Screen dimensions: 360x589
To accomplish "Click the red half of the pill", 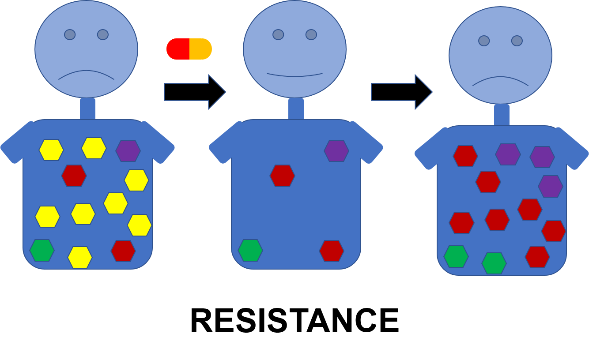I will pyautogui.click(x=178, y=49).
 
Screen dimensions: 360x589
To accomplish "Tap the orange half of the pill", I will pyautogui.click(x=201, y=49).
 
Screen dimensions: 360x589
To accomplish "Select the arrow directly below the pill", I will pyautogui.click(x=194, y=92).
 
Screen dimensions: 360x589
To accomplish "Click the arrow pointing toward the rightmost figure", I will pyautogui.click(x=401, y=92).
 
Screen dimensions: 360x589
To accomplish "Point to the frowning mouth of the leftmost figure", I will pyautogui.click(x=86, y=74).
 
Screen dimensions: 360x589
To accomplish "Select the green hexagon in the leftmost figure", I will pyautogui.click(x=42, y=250).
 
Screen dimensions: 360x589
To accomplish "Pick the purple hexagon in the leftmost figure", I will pyautogui.click(x=128, y=151).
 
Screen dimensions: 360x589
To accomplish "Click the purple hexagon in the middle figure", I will pyautogui.click(x=336, y=151).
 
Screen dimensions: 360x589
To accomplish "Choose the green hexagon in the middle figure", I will pyautogui.click(x=250, y=250).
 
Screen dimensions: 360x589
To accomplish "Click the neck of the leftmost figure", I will pyautogui.click(x=87, y=109).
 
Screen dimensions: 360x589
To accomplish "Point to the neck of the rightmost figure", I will pyautogui.click(x=502, y=115).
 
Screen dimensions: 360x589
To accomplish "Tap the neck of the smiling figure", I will pyautogui.click(x=296, y=109).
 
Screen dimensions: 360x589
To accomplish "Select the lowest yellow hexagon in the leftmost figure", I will pyautogui.click(x=80, y=257).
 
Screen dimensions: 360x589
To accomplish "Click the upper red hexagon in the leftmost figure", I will pyautogui.click(x=74, y=176).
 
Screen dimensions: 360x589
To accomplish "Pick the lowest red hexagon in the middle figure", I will pyautogui.click(x=332, y=251).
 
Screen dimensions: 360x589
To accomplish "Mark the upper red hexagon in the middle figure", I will pyautogui.click(x=282, y=176).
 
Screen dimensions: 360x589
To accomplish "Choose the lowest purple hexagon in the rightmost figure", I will pyautogui.click(x=551, y=186).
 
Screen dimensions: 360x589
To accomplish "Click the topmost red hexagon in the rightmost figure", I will pyautogui.click(x=465, y=156).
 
